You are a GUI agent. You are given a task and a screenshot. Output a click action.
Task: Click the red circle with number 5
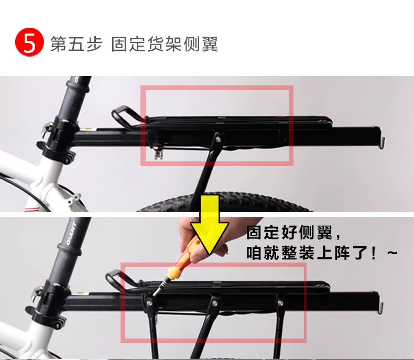point(29,42)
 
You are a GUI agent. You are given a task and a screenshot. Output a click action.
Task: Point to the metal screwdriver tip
point(158,290)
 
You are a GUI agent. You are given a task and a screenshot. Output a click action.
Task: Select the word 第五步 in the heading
point(77,44)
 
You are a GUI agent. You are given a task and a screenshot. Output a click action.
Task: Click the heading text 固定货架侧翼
point(165,44)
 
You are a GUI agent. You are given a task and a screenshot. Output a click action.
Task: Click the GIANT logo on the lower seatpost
point(71,233)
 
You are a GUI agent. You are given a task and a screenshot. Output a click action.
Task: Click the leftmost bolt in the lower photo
point(149,303)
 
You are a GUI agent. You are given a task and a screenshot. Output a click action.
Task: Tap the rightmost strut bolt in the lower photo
point(280,303)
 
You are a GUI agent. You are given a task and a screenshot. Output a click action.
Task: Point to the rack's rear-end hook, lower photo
point(381,308)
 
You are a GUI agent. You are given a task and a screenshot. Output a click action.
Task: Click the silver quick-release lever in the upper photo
point(48,127)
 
